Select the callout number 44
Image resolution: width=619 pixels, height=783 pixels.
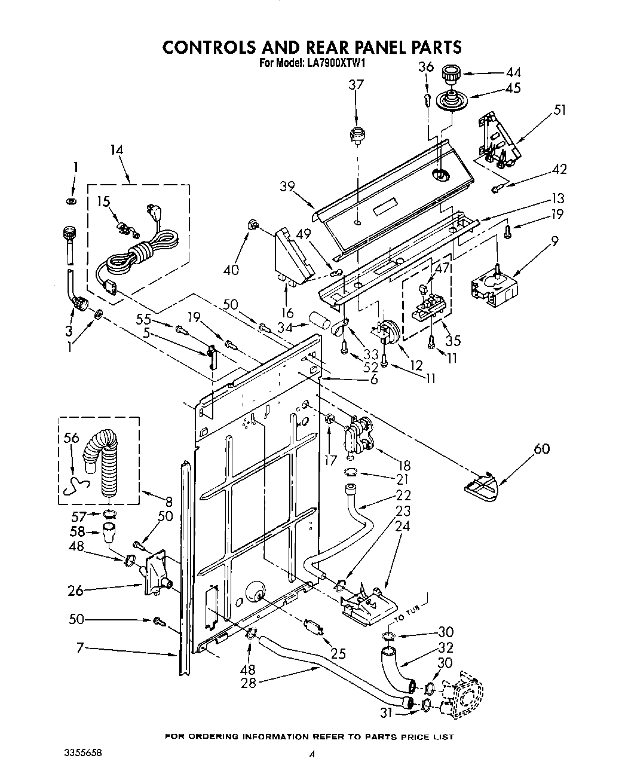tap(512, 72)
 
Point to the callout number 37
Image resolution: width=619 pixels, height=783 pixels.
tap(356, 85)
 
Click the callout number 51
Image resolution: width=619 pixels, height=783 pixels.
tap(559, 109)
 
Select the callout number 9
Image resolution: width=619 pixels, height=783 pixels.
tap(555, 241)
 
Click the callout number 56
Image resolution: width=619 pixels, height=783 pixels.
tap(71, 438)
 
